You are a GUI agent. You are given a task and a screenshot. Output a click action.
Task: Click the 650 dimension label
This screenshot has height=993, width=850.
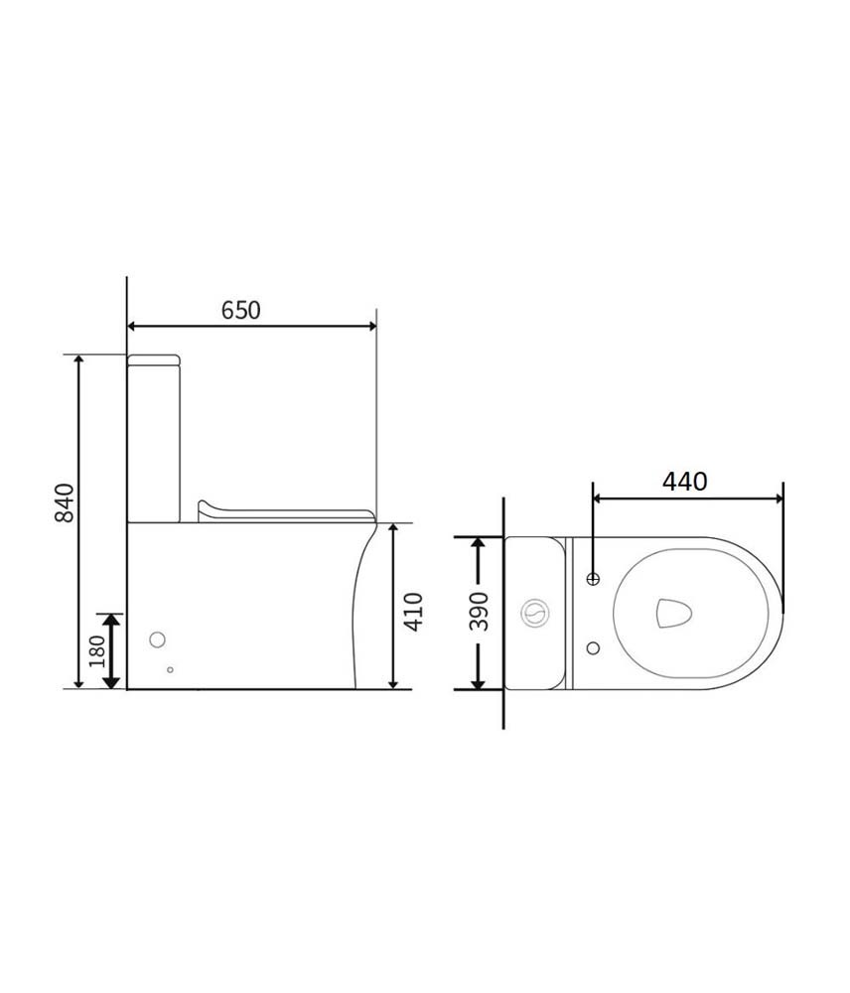click(x=240, y=310)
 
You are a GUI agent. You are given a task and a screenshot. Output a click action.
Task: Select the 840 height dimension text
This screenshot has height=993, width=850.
click(x=65, y=502)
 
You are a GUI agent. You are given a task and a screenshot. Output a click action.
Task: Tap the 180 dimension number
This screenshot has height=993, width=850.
click(x=97, y=651)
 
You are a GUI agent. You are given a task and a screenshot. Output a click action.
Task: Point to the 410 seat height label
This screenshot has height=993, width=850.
click(x=414, y=612)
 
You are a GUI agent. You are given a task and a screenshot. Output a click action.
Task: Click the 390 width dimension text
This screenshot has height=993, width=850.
click(x=480, y=612)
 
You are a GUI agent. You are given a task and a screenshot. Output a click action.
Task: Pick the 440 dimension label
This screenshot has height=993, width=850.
click(x=685, y=482)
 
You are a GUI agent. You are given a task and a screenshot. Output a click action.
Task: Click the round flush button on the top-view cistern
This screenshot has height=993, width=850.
click(x=535, y=613)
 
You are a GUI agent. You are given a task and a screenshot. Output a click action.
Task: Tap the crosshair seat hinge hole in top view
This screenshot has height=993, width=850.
click(x=594, y=578)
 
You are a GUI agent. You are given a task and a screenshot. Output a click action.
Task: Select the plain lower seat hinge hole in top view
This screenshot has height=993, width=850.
click(x=594, y=647)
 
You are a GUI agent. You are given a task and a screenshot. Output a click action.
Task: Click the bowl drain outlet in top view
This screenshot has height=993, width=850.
click(x=673, y=613)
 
